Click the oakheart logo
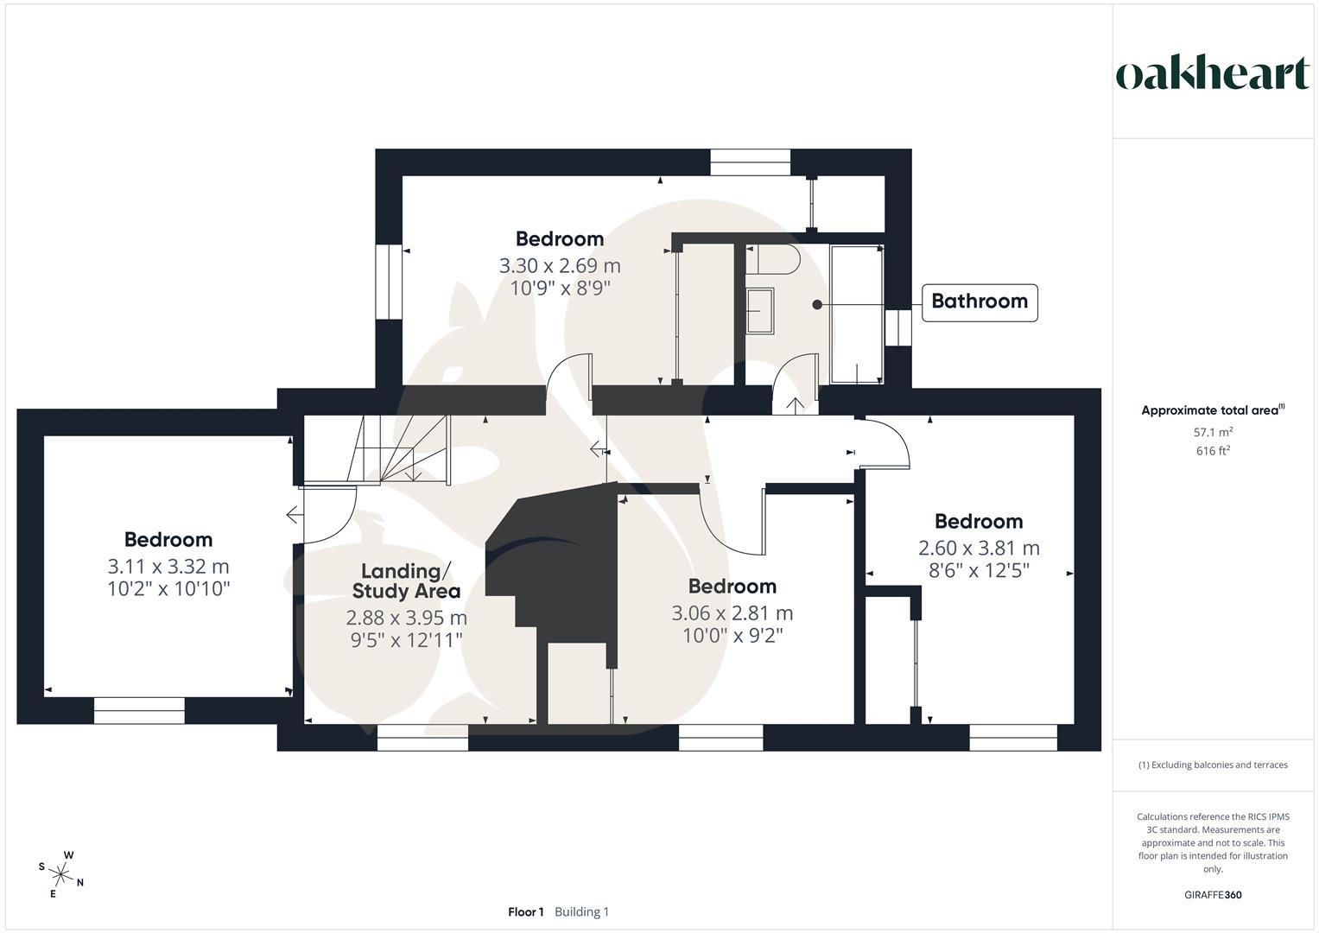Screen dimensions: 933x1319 [x=1212, y=73]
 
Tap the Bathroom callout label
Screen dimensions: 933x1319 [x=980, y=301]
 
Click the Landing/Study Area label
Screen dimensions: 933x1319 [x=406, y=581]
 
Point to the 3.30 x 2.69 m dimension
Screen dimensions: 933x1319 [x=559, y=265]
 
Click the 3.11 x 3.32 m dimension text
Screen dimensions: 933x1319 [x=168, y=567]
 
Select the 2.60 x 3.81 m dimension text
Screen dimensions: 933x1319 [x=979, y=549]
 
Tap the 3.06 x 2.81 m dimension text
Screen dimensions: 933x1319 [x=732, y=613]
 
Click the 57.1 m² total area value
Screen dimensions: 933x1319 [x=1213, y=432]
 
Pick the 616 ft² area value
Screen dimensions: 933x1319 [x=1213, y=451]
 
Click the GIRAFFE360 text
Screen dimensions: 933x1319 [x=1213, y=895]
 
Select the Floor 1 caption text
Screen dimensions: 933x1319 [x=526, y=912]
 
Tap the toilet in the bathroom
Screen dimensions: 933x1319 [x=774, y=260]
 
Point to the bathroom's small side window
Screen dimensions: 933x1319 [x=898, y=327]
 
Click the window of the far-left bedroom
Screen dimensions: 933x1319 [x=139, y=711]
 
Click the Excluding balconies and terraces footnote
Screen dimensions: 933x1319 [x=1213, y=765]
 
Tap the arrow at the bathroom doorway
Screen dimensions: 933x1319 [x=795, y=405]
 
